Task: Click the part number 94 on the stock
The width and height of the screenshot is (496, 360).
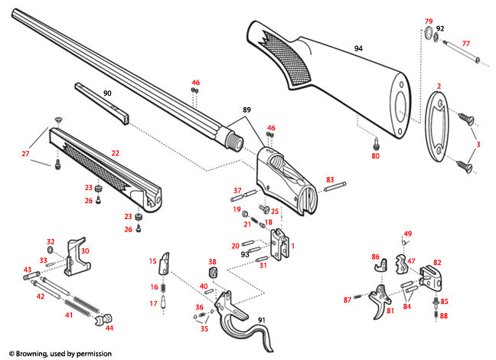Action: click(357, 48)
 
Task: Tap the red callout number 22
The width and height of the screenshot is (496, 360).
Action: click(115, 154)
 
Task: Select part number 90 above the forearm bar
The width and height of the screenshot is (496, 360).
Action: click(106, 93)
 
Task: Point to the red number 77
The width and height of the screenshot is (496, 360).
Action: click(465, 43)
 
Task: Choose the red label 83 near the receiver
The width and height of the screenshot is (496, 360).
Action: click(330, 179)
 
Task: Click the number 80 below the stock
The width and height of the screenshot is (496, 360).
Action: click(375, 156)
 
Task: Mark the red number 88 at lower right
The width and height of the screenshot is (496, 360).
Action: click(444, 314)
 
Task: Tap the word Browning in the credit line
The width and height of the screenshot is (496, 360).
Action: click(34, 353)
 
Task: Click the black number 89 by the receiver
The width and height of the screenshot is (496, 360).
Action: click(246, 110)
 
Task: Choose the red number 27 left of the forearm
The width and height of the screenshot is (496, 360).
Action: click(25, 154)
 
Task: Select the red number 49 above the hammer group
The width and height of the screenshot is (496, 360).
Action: click(408, 234)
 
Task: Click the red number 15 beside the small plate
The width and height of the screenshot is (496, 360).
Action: click(152, 260)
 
